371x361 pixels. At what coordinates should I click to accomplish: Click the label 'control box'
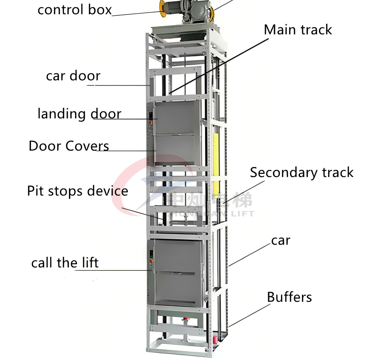pyautogui.click(x=75, y=10)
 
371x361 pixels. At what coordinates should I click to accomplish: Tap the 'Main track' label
pyautogui.click(x=298, y=30)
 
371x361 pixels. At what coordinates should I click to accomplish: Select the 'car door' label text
pyautogui.click(x=73, y=76)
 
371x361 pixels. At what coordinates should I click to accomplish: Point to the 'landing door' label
pyautogui.click(x=79, y=114)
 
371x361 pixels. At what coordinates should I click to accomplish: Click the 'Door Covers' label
pyautogui.click(x=69, y=146)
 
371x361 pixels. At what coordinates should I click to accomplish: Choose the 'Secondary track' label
pyautogui.click(x=302, y=173)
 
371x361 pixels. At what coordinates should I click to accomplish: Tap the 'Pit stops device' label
pyautogui.click(x=77, y=191)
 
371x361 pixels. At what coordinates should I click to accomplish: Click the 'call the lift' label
pyautogui.click(x=65, y=263)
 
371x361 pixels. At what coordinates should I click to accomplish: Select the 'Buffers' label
pyautogui.click(x=289, y=297)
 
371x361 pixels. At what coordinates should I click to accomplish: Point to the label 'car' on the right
pyautogui.click(x=281, y=240)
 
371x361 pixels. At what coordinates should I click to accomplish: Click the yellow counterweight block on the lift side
pyautogui.click(x=216, y=164)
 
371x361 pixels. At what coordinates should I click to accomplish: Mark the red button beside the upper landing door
pyautogui.click(x=151, y=123)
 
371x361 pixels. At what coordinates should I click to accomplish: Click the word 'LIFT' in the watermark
pyautogui.click(x=243, y=214)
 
